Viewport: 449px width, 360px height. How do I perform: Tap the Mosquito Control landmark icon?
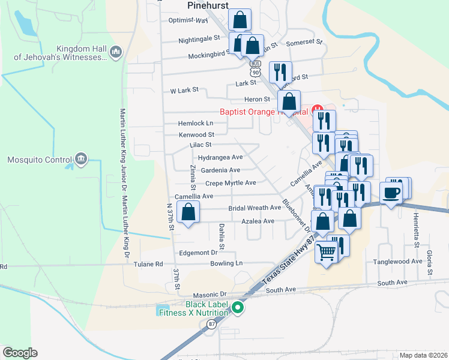80,160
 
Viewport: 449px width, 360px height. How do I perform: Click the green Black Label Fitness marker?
238,308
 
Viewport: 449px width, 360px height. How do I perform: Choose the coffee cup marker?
391,193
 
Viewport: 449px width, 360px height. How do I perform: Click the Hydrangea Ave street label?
220,157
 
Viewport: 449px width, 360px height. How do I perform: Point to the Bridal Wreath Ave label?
255,208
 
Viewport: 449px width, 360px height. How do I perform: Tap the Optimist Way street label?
187,20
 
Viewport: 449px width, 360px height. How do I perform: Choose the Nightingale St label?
199,40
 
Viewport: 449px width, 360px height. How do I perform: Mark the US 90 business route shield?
256,67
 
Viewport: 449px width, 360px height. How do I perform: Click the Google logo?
19,353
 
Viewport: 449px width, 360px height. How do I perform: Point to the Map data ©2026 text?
423,355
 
